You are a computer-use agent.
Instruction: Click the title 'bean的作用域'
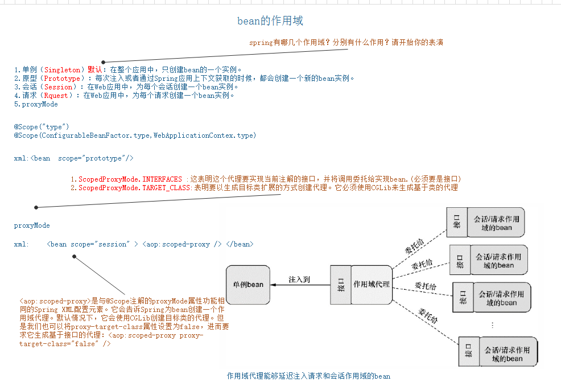[270, 21]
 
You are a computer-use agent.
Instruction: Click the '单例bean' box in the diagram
[247, 284]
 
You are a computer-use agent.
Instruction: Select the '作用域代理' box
[372, 284]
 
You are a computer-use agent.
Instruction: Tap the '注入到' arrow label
[299, 280]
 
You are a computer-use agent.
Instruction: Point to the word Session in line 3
[58, 87]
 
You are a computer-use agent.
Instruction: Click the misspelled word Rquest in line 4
[56, 96]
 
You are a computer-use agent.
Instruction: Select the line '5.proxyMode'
[36, 104]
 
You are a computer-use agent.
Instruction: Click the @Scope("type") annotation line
[42, 126]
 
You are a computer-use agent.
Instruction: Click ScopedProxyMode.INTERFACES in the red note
[130, 179]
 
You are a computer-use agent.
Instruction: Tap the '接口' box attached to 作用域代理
[341, 284]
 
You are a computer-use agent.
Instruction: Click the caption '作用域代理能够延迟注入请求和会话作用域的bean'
[308, 376]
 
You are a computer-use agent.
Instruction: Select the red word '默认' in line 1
[94, 69]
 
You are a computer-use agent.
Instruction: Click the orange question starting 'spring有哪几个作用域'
[346, 43]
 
